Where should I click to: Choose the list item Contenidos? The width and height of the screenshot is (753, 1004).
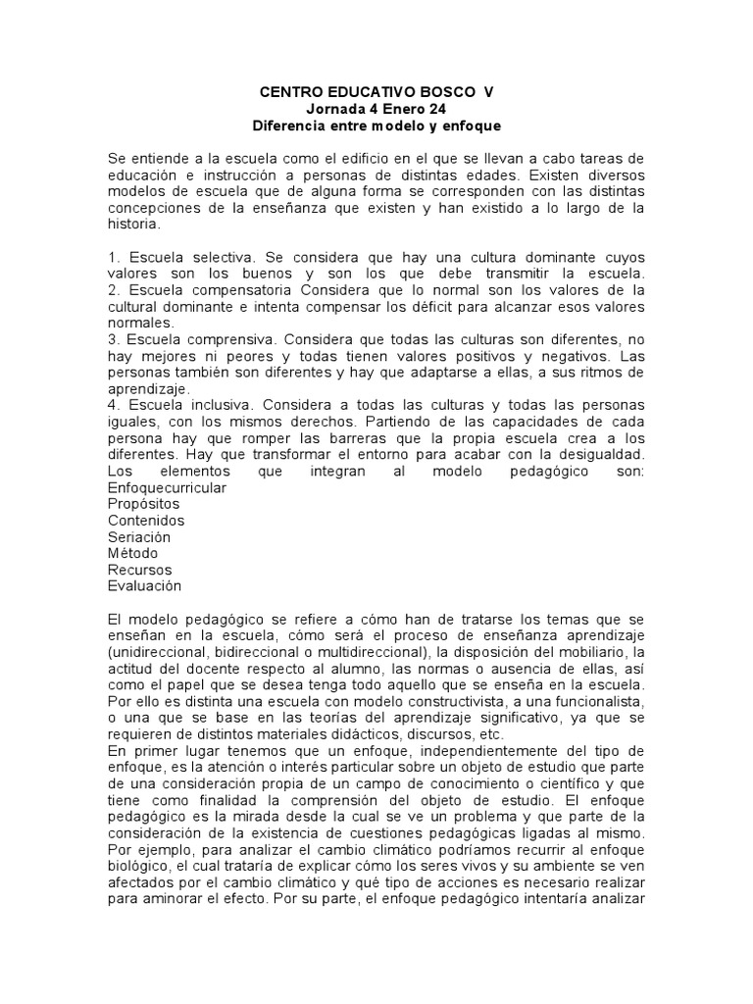click(x=146, y=521)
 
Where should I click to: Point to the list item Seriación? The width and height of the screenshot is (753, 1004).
click(x=139, y=537)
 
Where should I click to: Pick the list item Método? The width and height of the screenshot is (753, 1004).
click(x=133, y=553)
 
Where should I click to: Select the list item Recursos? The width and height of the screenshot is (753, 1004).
click(x=139, y=570)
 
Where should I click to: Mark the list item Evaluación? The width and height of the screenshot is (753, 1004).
click(x=145, y=586)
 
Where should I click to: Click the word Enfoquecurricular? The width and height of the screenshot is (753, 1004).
click(x=167, y=487)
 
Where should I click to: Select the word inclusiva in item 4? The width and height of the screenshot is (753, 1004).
click(x=214, y=405)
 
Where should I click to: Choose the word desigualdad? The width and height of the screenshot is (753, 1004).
click(x=597, y=455)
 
